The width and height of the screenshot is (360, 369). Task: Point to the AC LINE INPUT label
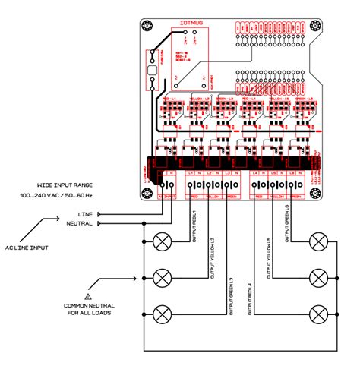click(x=26, y=248)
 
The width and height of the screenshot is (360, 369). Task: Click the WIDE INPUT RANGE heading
click(x=66, y=184)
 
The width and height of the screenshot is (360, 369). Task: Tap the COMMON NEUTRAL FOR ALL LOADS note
click(x=88, y=310)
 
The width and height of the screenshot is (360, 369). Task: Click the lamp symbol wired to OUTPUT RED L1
click(x=162, y=242)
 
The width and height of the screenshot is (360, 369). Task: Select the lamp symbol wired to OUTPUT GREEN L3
click(x=162, y=314)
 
